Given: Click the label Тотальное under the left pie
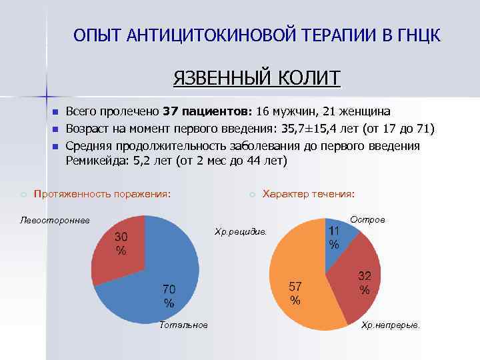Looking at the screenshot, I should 184,325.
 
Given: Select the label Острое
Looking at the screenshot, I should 368,219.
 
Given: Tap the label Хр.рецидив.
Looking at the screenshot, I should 240,231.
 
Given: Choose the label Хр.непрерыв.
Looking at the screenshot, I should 390,325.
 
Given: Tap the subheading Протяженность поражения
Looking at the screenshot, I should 102,194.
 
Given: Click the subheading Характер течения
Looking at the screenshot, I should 309,194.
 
